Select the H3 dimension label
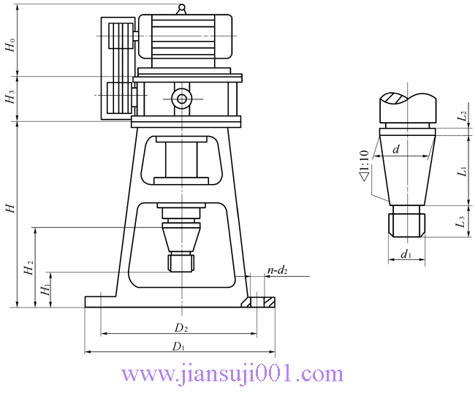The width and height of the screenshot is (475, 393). point(9,98)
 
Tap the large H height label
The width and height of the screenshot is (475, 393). point(9,209)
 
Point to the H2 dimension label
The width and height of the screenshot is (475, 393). point(28,268)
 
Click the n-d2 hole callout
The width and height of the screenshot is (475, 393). point(277,270)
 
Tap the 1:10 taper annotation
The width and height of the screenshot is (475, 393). point(363,165)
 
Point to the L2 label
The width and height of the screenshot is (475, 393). point(462,116)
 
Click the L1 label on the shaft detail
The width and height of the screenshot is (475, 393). point(462,171)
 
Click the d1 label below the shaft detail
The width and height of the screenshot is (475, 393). point(406,255)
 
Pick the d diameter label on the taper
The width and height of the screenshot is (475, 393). point(395,150)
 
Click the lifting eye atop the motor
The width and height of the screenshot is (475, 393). point(180,9)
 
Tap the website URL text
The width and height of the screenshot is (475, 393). point(232,375)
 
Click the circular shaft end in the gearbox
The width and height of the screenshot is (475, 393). point(180,98)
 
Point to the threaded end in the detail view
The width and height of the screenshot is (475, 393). point(407,221)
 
